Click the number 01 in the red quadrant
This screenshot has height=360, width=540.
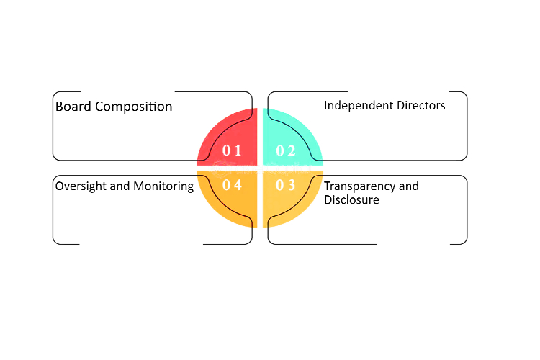(x=232, y=150)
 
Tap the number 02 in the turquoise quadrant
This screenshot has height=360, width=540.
(x=286, y=150)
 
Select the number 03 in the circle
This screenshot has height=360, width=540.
(x=286, y=185)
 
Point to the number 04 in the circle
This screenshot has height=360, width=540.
(x=232, y=185)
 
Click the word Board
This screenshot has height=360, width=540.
(x=73, y=107)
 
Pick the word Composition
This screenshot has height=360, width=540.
(x=134, y=107)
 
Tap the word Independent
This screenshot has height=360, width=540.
(x=359, y=106)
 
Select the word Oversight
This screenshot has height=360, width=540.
(x=81, y=186)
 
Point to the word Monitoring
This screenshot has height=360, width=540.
(x=163, y=186)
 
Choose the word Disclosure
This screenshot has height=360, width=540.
(x=351, y=199)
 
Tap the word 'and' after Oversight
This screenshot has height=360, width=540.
(x=120, y=186)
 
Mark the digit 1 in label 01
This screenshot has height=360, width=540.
(x=238, y=150)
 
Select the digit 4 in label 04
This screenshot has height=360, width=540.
(x=238, y=185)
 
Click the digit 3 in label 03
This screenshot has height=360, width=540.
(x=292, y=185)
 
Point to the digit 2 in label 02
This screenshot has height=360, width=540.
(x=292, y=150)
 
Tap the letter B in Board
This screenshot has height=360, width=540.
(x=59, y=107)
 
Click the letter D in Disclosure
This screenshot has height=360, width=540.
(x=328, y=200)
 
